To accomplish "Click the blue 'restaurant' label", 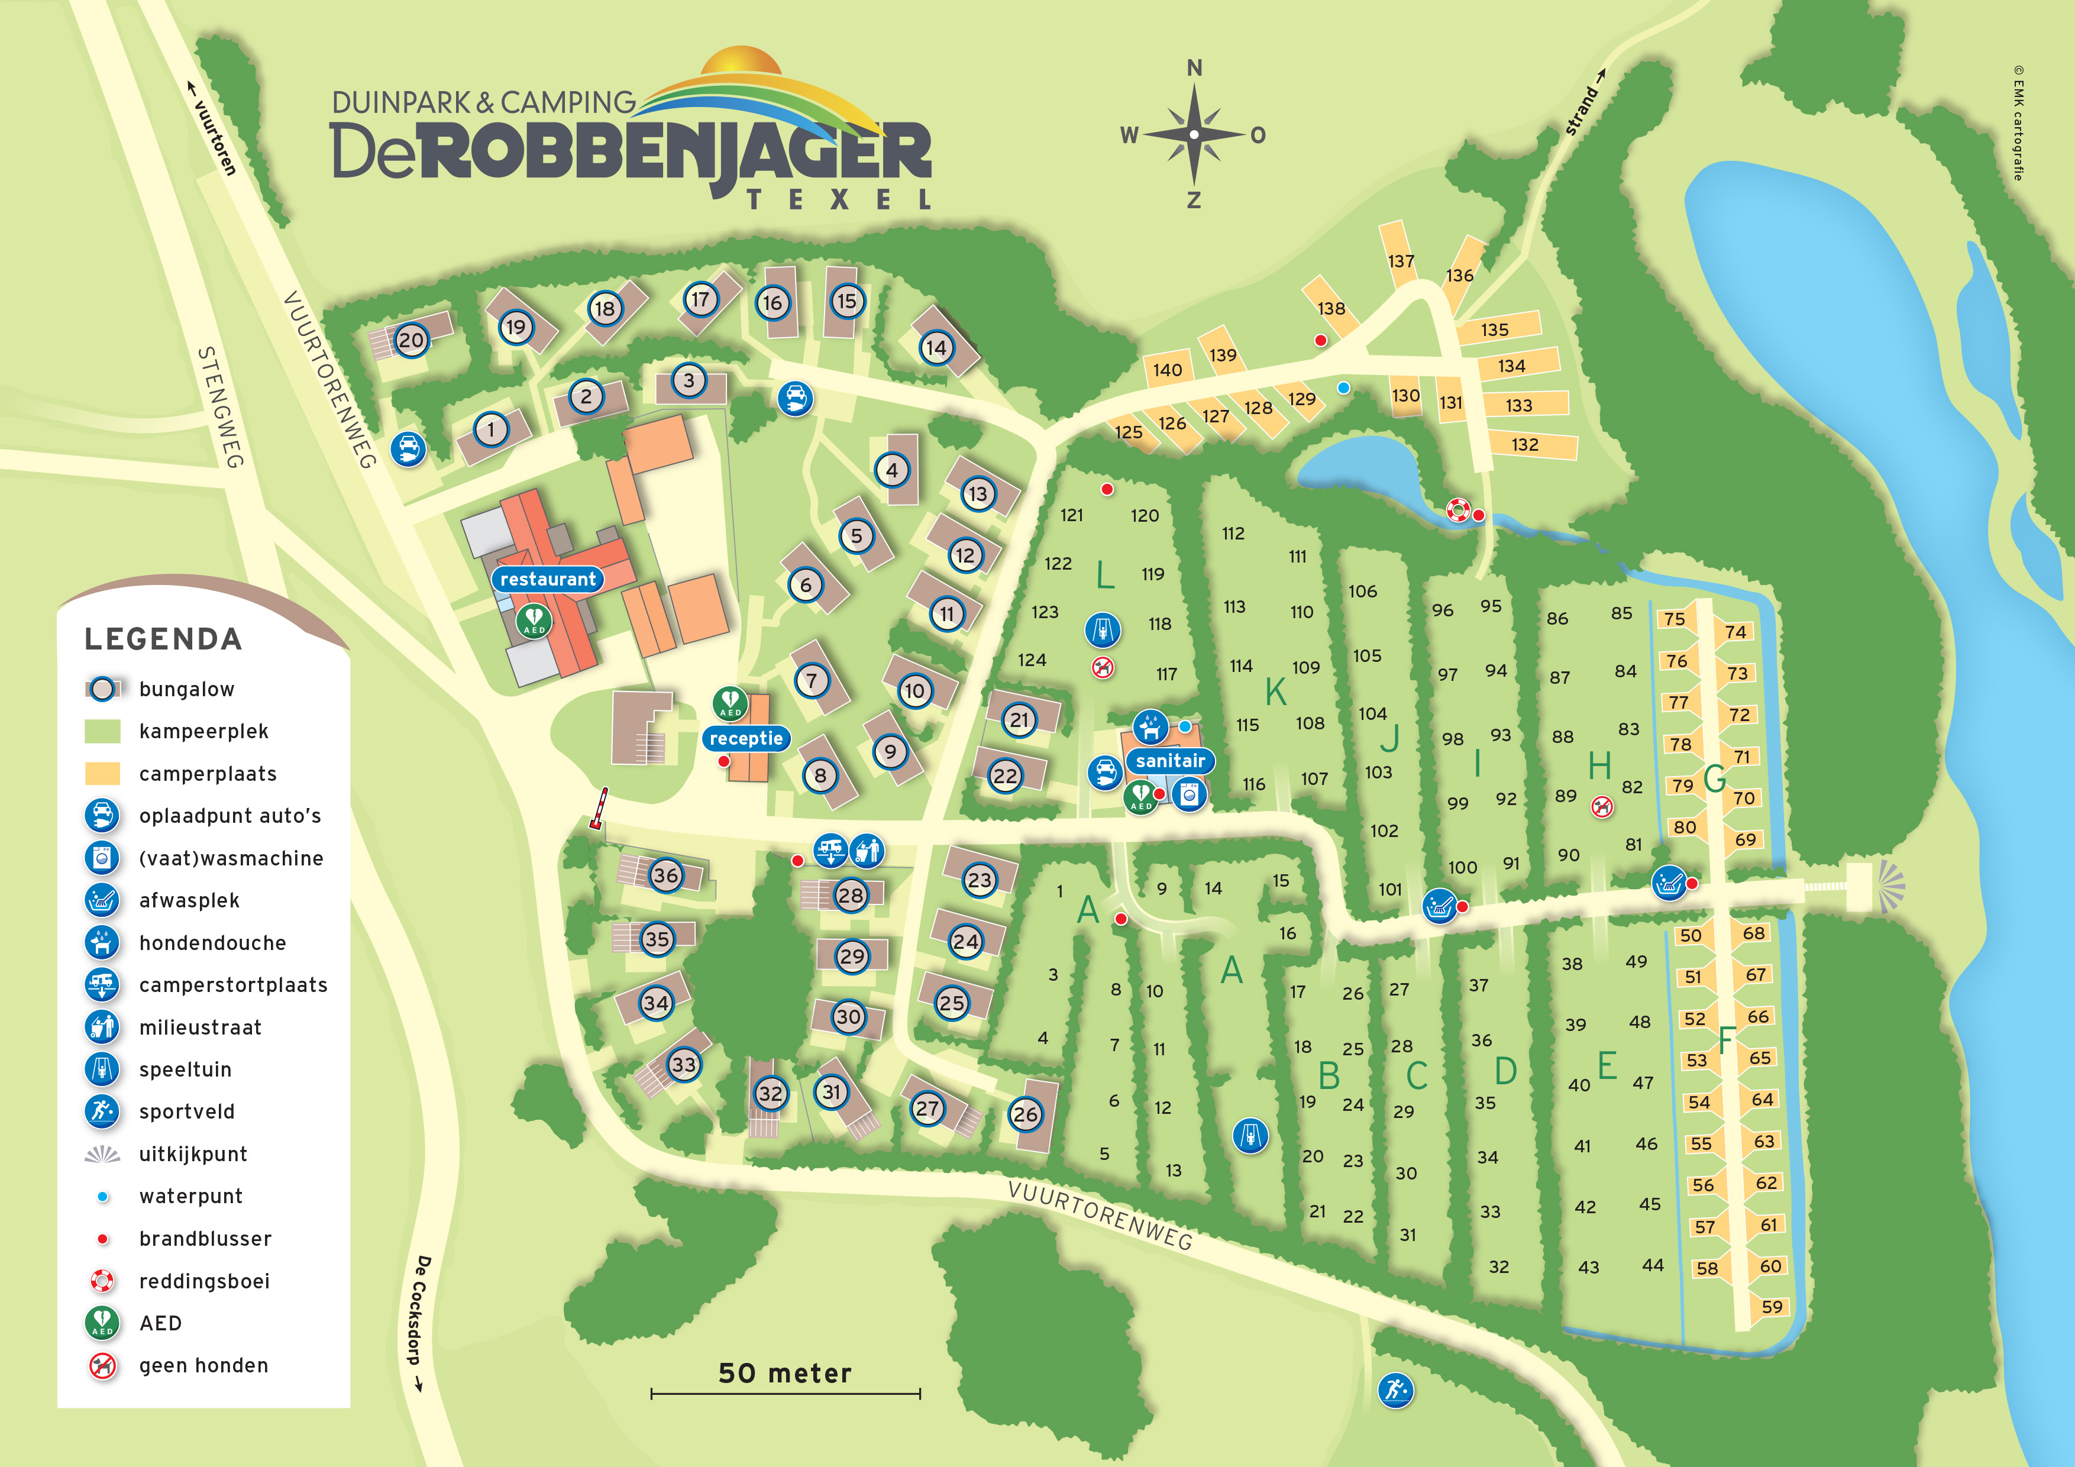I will click(548, 579).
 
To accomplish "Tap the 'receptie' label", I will click(745, 738).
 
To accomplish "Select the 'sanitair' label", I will click(1171, 761).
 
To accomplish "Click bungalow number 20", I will click(411, 340).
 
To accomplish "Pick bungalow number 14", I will click(936, 347).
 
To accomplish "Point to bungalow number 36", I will click(666, 875).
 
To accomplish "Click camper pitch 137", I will click(1401, 261).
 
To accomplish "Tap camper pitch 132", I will click(1525, 445).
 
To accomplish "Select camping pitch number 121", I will click(1072, 515).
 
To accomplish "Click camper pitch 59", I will click(1772, 1307).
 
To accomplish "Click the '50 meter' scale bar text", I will click(784, 1373).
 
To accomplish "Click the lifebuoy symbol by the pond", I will click(1457, 510).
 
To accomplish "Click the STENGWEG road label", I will click(221, 407).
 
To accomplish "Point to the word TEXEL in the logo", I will click(839, 200).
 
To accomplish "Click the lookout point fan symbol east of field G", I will click(1890, 883).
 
